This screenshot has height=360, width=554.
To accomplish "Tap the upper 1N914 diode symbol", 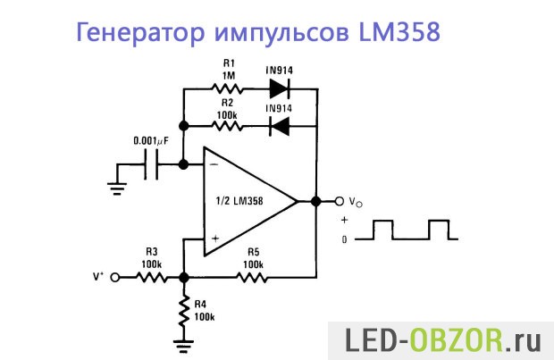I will click(281, 89).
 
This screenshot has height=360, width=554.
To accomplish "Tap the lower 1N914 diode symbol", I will click(281, 126).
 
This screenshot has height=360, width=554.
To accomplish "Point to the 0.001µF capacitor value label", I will click(151, 141).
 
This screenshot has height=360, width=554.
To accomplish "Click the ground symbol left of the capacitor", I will click(115, 185).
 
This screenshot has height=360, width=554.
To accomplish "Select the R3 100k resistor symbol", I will click(150, 278).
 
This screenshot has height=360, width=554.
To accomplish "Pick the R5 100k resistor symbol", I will click(253, 278).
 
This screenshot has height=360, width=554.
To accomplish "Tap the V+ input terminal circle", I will click(114, 278).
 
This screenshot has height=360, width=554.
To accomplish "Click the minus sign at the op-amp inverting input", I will click(214, 165).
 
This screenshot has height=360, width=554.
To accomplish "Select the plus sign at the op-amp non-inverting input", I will click(214, 239).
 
